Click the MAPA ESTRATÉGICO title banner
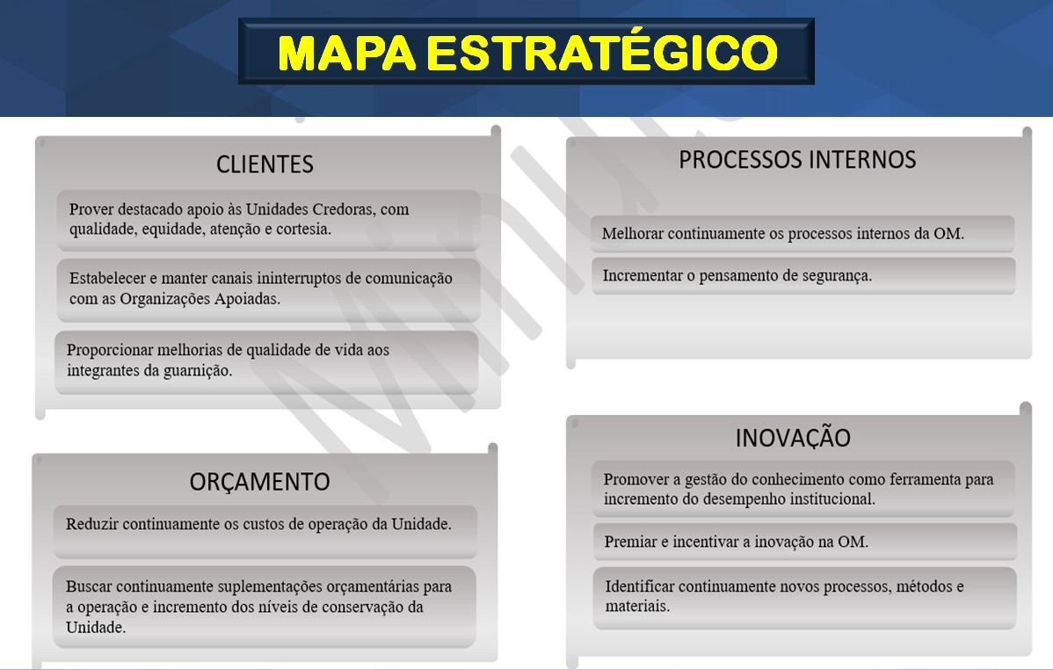tap(526, 52)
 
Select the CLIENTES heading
tap(265, 164)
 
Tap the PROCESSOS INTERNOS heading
tap(797, 160)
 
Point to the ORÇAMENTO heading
tap(260, 482)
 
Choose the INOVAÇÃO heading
tap(793, 438)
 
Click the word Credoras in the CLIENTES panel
tap(343, 209)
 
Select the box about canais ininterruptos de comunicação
tap(268, 290)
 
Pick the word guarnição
tap(198, 371)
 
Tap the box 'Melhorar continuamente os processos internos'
tap(802, 234)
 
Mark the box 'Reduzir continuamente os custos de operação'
tap(265, 531)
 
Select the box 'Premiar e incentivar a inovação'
tap(804, 542)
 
